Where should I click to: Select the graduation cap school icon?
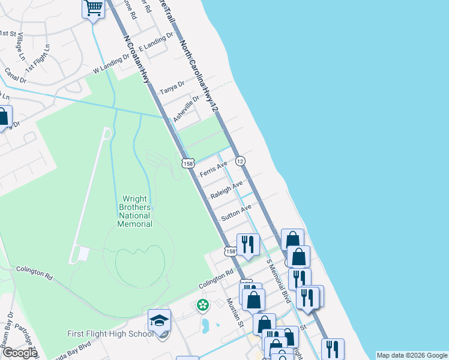click(159, 320)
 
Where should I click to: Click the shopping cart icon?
click(93, 8)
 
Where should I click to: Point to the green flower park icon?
click(203, 305)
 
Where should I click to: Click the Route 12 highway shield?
click(240, 161)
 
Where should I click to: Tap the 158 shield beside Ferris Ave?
click(188, 163)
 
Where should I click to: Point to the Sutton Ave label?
click(237, 212)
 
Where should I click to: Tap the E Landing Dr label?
click(151, 43)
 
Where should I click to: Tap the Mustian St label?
click(235, 312)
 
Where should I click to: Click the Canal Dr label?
click(16, 76)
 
